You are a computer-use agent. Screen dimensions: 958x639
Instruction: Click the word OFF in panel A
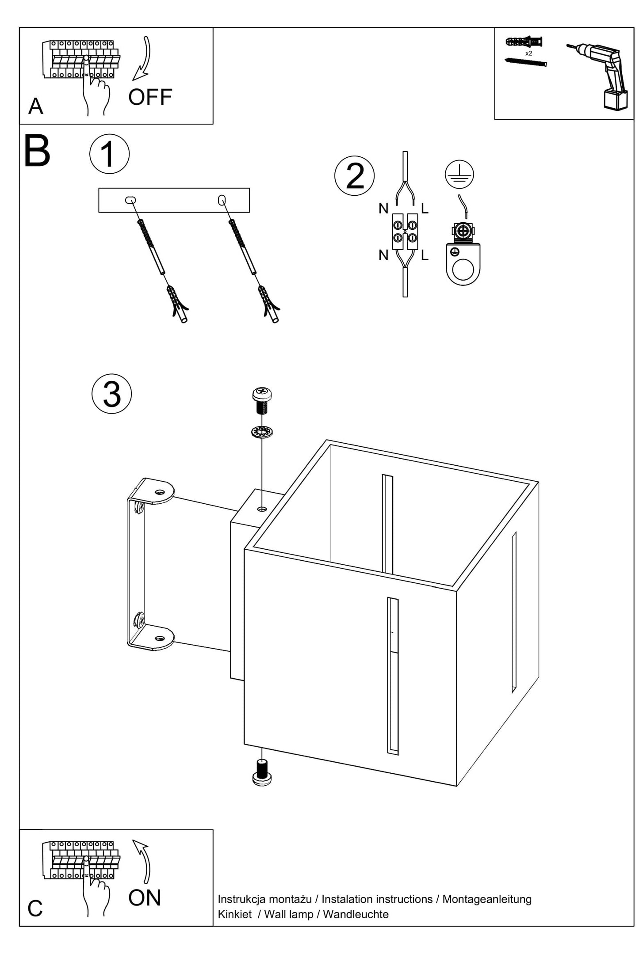pos(150,97)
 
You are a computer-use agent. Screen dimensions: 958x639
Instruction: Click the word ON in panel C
pos(145,898)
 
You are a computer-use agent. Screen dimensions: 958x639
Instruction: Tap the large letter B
pos(37,152)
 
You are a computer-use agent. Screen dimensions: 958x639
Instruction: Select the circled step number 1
pos(109,154)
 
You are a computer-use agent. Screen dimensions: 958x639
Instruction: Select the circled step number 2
pos(354,176)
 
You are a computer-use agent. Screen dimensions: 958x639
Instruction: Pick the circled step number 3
pos(111,394)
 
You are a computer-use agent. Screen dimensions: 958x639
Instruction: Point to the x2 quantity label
pos(528,53)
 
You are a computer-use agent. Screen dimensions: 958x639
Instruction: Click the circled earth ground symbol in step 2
pos(459,174)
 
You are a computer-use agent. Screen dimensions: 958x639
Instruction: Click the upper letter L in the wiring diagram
pos(425,209)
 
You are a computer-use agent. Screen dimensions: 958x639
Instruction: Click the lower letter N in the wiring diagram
pos(383,255)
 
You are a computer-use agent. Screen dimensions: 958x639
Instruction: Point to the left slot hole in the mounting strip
pos(130,200)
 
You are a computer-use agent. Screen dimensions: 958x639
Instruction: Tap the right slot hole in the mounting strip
pos(222,200)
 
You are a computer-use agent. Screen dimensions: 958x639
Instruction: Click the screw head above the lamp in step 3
pos(262,393)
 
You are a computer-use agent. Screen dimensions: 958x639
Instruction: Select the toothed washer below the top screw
pos(261,431)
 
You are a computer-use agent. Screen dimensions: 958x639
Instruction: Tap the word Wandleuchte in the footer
pos(356,914)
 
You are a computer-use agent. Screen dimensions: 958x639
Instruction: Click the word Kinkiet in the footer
pos(235,914)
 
